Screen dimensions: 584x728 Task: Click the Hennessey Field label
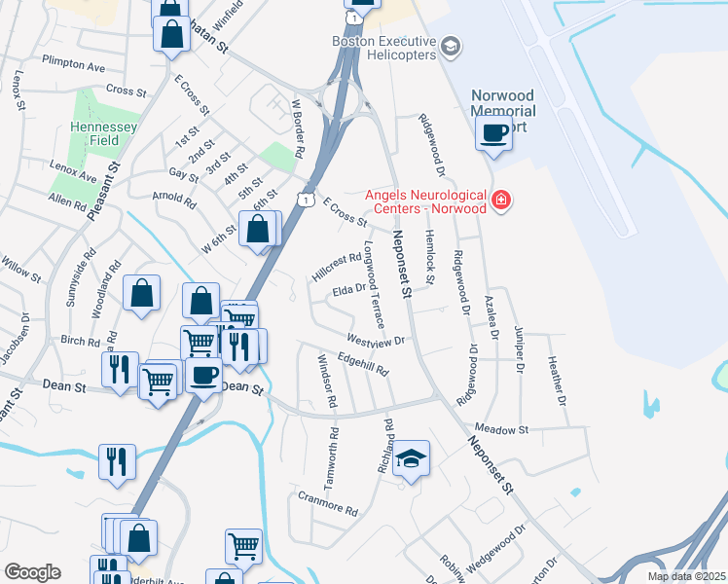tap(97, 133)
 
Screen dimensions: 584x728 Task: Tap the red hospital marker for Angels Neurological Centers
tap(501, 201)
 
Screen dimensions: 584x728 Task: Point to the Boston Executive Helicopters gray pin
tap(450, 46)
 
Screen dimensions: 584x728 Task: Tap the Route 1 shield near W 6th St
tap(308, 200)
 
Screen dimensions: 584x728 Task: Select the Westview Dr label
tap(375, 342)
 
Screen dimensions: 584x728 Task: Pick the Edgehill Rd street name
tap(362, 364)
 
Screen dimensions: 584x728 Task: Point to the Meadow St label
tap(501, 429)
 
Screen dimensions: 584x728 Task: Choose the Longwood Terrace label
tap(374, 284)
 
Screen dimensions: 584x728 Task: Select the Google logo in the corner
tap(32, 571)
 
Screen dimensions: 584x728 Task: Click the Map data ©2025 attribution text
tap(685, 576)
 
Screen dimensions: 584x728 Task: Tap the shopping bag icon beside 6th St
tap(258, 231)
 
